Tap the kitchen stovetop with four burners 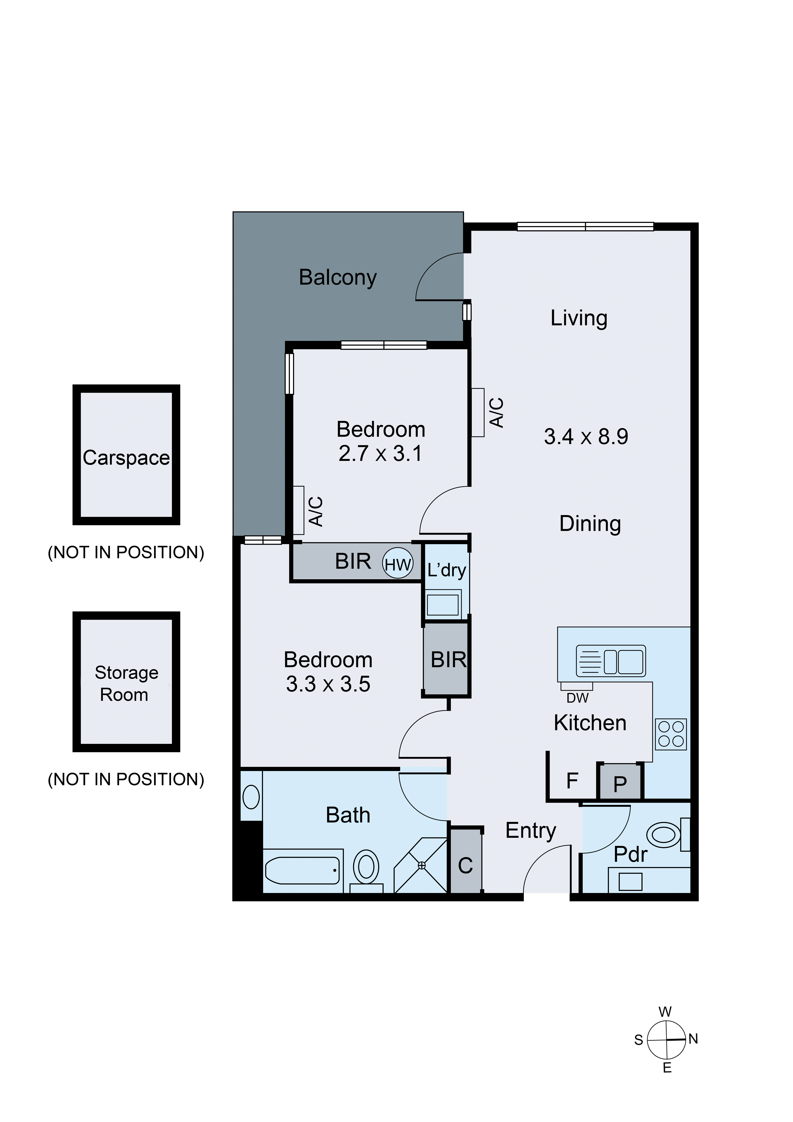(x=671, y=734)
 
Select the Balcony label (x=338, y=278)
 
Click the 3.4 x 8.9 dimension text (x=586, y=436)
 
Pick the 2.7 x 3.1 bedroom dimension (x=380, y=453)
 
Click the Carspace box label (x=126, y=458)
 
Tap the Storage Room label (x=126, y=683)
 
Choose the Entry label (x=531, y=831)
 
